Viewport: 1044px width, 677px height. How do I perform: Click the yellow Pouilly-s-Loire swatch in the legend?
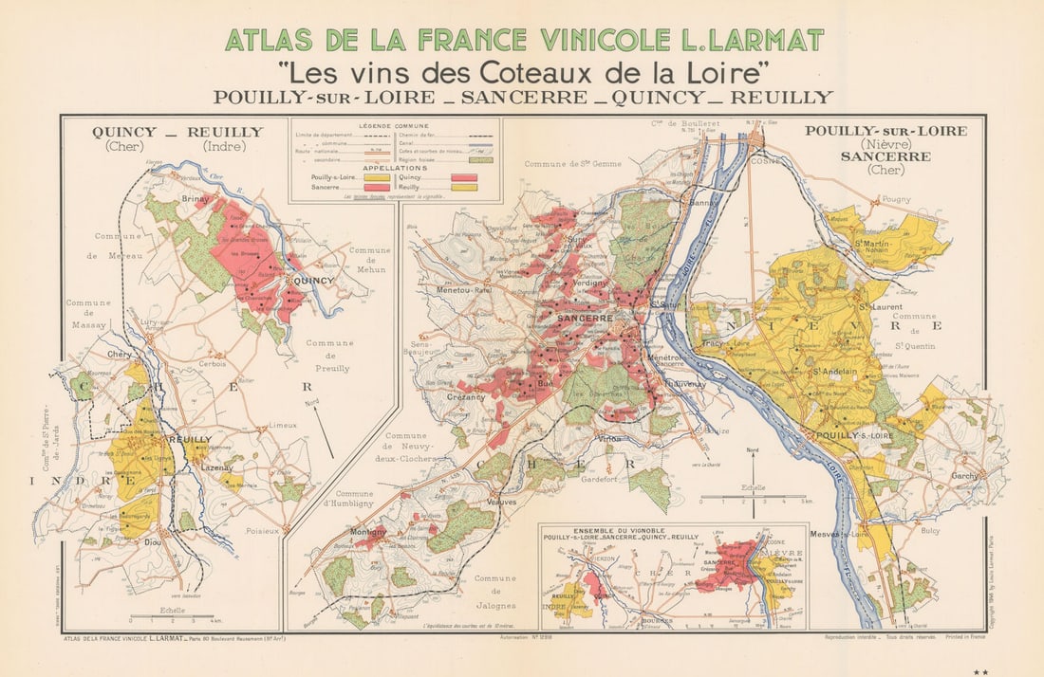(x=377, y=177)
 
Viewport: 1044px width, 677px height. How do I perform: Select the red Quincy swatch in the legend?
(x=464, y=177)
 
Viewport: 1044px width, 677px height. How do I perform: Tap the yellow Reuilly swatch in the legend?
(x=464, y=188)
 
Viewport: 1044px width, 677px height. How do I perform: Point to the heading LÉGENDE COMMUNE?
(x=394, y=126)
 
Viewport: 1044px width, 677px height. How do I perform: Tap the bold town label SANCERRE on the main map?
(x=586, y=320)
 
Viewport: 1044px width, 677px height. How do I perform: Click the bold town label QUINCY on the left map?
(x=314, y=281)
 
